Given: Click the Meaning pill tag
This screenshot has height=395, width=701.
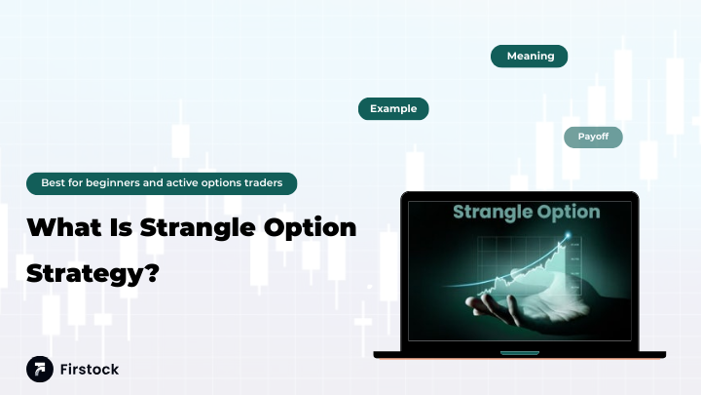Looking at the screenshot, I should click(530, 57).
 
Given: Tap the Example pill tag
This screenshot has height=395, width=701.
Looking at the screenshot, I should click(393, 109).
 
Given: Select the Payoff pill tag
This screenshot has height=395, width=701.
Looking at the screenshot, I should click(593, 137).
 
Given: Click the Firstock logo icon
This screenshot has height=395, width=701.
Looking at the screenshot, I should click(40, 370).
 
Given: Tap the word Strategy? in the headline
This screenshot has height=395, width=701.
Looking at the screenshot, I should click(92, 274).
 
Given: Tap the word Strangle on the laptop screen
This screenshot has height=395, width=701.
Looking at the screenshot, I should click(491, 212).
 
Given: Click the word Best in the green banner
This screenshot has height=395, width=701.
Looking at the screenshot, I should click(53, 183).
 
